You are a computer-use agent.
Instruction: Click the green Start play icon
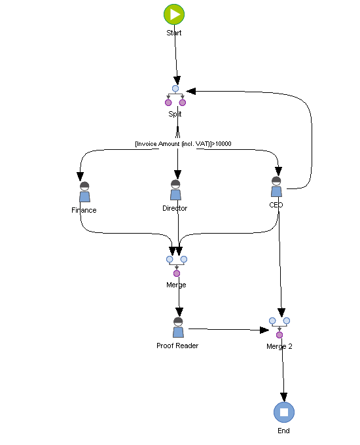pyautogui.click(x=174, y=14)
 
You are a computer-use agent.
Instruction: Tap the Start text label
pyautogui.click(x=174, y=33)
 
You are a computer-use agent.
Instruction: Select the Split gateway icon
pyautogui.click(x=175, y=96)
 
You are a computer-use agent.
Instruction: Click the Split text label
pyautogui.click(x=175, y=114)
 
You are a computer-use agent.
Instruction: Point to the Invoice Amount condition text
pyautogui.click(x=183, y=143)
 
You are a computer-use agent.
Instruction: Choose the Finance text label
pyautogui.click(x=84, y=210)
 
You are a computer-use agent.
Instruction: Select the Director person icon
pyautogui.click(x=175, y=190)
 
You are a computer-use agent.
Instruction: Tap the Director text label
pyautogui.click(x=175, y=208)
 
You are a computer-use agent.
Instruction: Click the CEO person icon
pyautogui.click(x=276, y=187)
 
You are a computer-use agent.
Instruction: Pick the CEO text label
pyautogui.click(x=276, y=205)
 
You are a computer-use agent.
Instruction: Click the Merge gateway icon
pyautogui.click(x=177, y=265)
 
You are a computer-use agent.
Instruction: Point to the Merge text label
pyautogui.click(x=176, y=285)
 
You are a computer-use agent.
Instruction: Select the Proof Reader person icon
pyautogui.click(x=178, y=328)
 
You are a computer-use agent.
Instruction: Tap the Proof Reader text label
pyautogui.click(x=177, y=346)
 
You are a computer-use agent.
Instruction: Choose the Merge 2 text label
pyautogui.click(x=279, y=346)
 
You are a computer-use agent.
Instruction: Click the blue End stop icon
pyautogui.click(x=284, y=412)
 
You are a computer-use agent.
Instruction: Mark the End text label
pyautogui.click(x=283, y=431)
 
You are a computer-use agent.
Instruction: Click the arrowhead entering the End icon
pyautogui.click(x=283, y=397)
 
